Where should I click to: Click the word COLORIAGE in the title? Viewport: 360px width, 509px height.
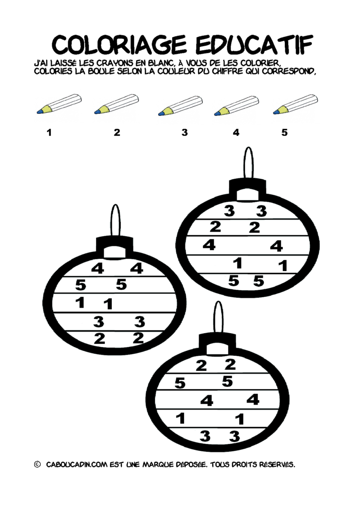[x=119, y=45]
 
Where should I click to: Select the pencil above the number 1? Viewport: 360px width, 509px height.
[x=59, y=104]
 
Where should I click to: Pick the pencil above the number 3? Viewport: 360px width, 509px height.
[x=180, y=106]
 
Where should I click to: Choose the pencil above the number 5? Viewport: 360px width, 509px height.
[x=295, y=104]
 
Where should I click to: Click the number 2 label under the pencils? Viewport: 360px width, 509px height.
[x=117, y=132]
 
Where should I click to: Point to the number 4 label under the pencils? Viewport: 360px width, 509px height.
[x=236, y=132]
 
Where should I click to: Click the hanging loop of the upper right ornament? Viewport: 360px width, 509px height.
[x=249, y=162]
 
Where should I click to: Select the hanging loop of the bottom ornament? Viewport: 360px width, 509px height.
[x=218, y=317]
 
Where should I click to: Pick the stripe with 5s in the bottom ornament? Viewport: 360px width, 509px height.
[x=218, y=382]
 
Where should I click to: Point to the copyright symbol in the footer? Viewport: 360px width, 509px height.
[x=37, y=465]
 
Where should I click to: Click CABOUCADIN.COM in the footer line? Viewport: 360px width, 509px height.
[x=77, y=465]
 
